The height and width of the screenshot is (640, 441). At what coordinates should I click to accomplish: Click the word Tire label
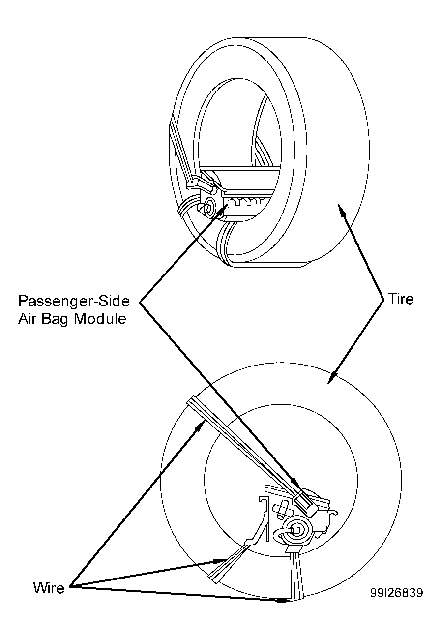point(401,299)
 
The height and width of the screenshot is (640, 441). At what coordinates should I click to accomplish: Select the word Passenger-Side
point(74,301)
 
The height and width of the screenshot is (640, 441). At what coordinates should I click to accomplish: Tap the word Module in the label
point(100,318)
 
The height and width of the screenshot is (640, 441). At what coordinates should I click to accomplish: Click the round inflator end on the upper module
point(209,207)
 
